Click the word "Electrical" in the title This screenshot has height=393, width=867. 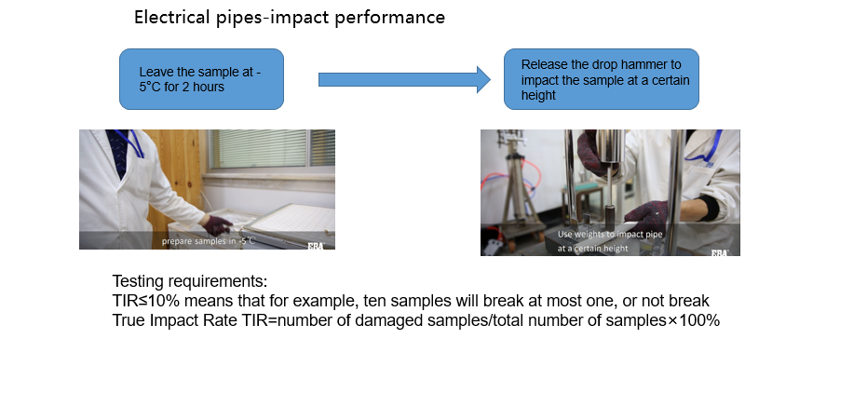(173, 17)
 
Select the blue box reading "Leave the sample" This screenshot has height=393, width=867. (202, 79)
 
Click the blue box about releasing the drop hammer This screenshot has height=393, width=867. (602, 79)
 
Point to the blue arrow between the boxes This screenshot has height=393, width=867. (404, 79)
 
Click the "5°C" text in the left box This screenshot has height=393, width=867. (150, 88)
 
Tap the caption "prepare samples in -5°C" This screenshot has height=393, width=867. (209, 241)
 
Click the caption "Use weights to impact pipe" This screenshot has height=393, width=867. (610, 234)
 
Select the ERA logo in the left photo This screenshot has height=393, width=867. (317, 246)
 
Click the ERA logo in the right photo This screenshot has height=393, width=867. (719, 252)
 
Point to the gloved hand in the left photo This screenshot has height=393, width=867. (216, 225)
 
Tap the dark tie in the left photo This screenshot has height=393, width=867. (118, 152)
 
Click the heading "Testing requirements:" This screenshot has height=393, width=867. (190, 281)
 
